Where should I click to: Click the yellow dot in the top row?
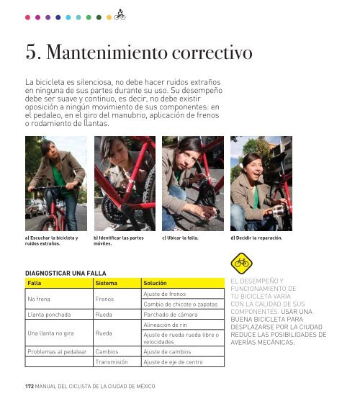[x=109, y=17]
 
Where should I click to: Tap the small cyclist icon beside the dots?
[x=120, y=15]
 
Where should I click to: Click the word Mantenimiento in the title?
[x=107, y=52]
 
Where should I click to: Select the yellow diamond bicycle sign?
[x=241, y=263]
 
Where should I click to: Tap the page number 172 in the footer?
[x=30, y=386]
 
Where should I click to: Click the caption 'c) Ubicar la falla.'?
[x=180, y=238]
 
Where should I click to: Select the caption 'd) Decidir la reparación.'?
[x=256, y=238]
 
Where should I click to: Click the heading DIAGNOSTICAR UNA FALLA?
[x=66, y=273]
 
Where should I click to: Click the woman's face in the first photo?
[x=52, y=153]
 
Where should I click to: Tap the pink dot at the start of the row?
[x=27, y=17]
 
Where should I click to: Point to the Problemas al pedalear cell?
[x=57, y=351]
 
